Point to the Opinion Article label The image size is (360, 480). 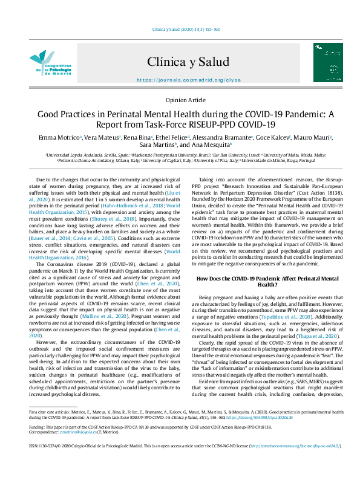[180, 100]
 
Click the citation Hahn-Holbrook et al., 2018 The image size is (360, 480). [134, 206]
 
